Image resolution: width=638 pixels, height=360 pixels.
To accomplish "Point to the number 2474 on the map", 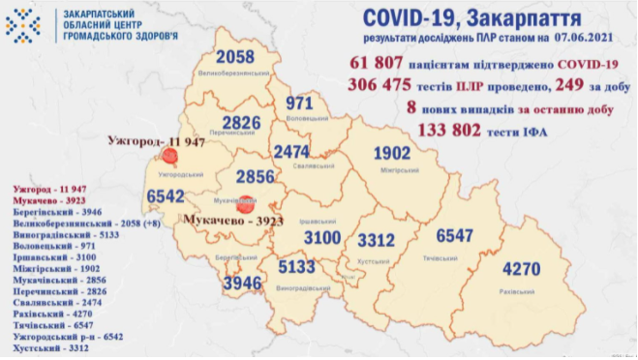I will [291, 152].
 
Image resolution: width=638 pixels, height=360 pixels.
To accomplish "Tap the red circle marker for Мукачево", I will [246, 203].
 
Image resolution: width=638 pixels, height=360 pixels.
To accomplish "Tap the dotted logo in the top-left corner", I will [22, 24].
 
